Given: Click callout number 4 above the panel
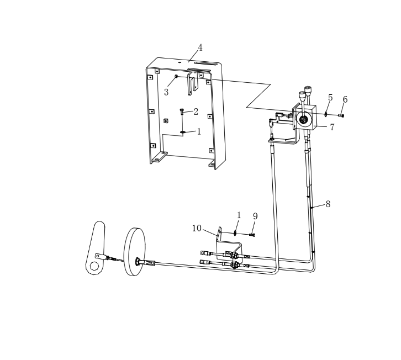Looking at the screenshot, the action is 200,47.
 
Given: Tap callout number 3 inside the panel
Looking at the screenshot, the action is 166,92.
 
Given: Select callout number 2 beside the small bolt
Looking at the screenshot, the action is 196,112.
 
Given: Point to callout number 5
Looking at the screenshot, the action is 330,97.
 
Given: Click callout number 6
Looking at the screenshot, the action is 345,99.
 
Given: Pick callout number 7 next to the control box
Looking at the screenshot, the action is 332,127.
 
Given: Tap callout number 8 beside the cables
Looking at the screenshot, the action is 328,204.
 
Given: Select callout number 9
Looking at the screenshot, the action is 255,216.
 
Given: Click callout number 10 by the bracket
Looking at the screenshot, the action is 197,228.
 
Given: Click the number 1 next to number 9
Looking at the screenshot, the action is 239,215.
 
